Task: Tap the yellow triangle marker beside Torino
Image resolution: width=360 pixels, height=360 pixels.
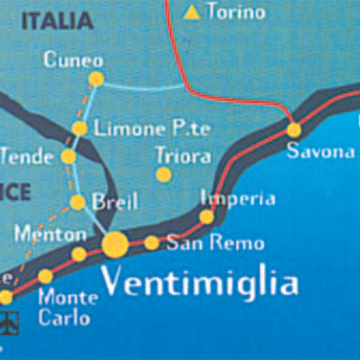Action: click(193, 12)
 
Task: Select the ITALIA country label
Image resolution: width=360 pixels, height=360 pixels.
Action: click(57, 20)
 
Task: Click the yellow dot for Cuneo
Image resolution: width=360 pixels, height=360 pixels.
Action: click(96, 79)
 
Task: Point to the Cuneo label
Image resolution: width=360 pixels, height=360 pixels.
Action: click(73, 59)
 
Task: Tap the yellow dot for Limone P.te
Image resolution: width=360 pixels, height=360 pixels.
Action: click(80, 128)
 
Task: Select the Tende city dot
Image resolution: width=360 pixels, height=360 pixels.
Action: click(68, 157)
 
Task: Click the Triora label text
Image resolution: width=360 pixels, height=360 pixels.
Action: click(181, 156)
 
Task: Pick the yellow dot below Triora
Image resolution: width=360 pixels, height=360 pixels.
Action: click(163, 175)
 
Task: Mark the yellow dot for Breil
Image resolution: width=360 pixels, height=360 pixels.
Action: click(77, 202)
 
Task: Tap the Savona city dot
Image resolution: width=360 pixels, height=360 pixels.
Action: click(294, 130)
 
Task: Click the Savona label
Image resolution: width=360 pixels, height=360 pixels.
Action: click(320, 152)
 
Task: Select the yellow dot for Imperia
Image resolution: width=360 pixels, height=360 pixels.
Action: click(206, 217)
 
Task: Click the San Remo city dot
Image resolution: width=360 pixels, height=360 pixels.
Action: click(151, 242)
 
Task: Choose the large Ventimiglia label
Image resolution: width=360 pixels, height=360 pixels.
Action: click(199, 283)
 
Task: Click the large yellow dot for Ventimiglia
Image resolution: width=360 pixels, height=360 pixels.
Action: click(115, 244)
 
